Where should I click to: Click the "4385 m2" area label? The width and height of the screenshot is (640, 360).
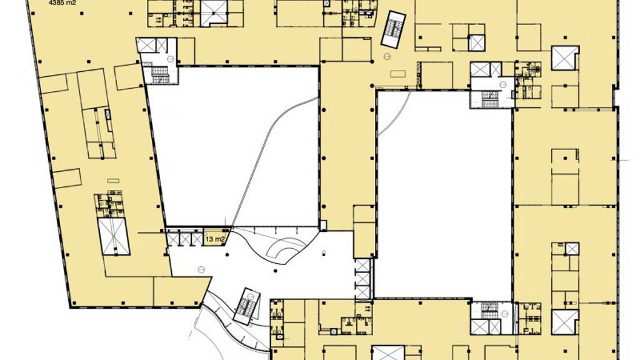point(62,2)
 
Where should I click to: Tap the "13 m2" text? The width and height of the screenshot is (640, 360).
point(215,239)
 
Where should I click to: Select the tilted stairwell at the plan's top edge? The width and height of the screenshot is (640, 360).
point(393,29)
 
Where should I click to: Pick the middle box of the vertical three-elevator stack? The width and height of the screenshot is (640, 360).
point(362,279)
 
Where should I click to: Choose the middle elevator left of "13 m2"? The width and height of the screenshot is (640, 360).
point(185,239)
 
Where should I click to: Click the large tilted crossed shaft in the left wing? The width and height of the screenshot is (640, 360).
point(114,236)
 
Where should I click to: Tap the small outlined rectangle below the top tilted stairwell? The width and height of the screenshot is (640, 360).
point(397,74)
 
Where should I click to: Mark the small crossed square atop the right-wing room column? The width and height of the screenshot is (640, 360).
point(572,249)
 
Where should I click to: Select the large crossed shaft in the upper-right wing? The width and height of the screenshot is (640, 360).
point(565,58)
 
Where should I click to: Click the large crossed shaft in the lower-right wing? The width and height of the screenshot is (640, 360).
point(565,322)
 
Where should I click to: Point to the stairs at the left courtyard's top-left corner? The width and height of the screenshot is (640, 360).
point(160,74)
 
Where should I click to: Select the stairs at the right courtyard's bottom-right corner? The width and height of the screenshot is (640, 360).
point(489,311)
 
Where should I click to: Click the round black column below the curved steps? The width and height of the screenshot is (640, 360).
point(276,271)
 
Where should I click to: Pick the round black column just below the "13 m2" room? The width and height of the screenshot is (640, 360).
point(227,255)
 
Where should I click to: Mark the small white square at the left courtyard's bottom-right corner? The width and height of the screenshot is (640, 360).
point(323,225)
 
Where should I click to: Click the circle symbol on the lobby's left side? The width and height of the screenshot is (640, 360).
point(201,269)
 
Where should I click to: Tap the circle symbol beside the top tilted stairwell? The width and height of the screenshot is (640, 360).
point(387,57)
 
